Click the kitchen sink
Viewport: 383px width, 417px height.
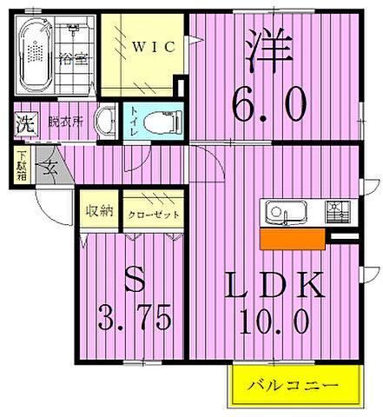tap(281, 212)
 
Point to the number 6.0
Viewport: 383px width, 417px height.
tap(268, 104)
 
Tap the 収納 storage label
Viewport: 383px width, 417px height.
tap(98, 212)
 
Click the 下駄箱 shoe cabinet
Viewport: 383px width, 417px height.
tap(20, 167)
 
